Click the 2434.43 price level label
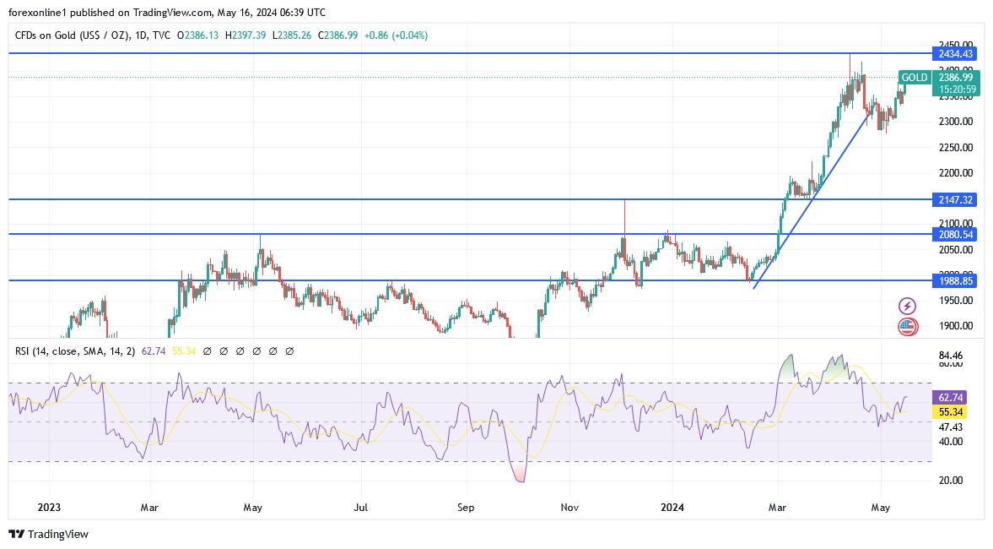click(x=956, y=53)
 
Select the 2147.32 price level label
click(x=956, y=199)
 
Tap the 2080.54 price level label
click(x=956, y=234)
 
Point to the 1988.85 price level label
click(x=956, y=280)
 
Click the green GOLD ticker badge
click(x=915, y=78)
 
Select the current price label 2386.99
click(x=956, y=77)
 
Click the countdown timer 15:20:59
click(x=957, y=89)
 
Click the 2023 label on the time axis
click(x=49, y=508)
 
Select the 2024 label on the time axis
click(x=672, y=508)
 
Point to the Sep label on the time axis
click(x=466, y=508)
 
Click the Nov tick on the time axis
click(x=569, y=508)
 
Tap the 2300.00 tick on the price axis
click(x=956, y=122)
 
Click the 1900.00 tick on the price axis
click(x=956, y=326)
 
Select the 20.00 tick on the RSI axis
click(x=951, y=480)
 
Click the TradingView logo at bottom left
click(x=48, y=534)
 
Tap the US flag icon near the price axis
click(x=908, y=326)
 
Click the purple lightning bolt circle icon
click(x=908, y=306)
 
